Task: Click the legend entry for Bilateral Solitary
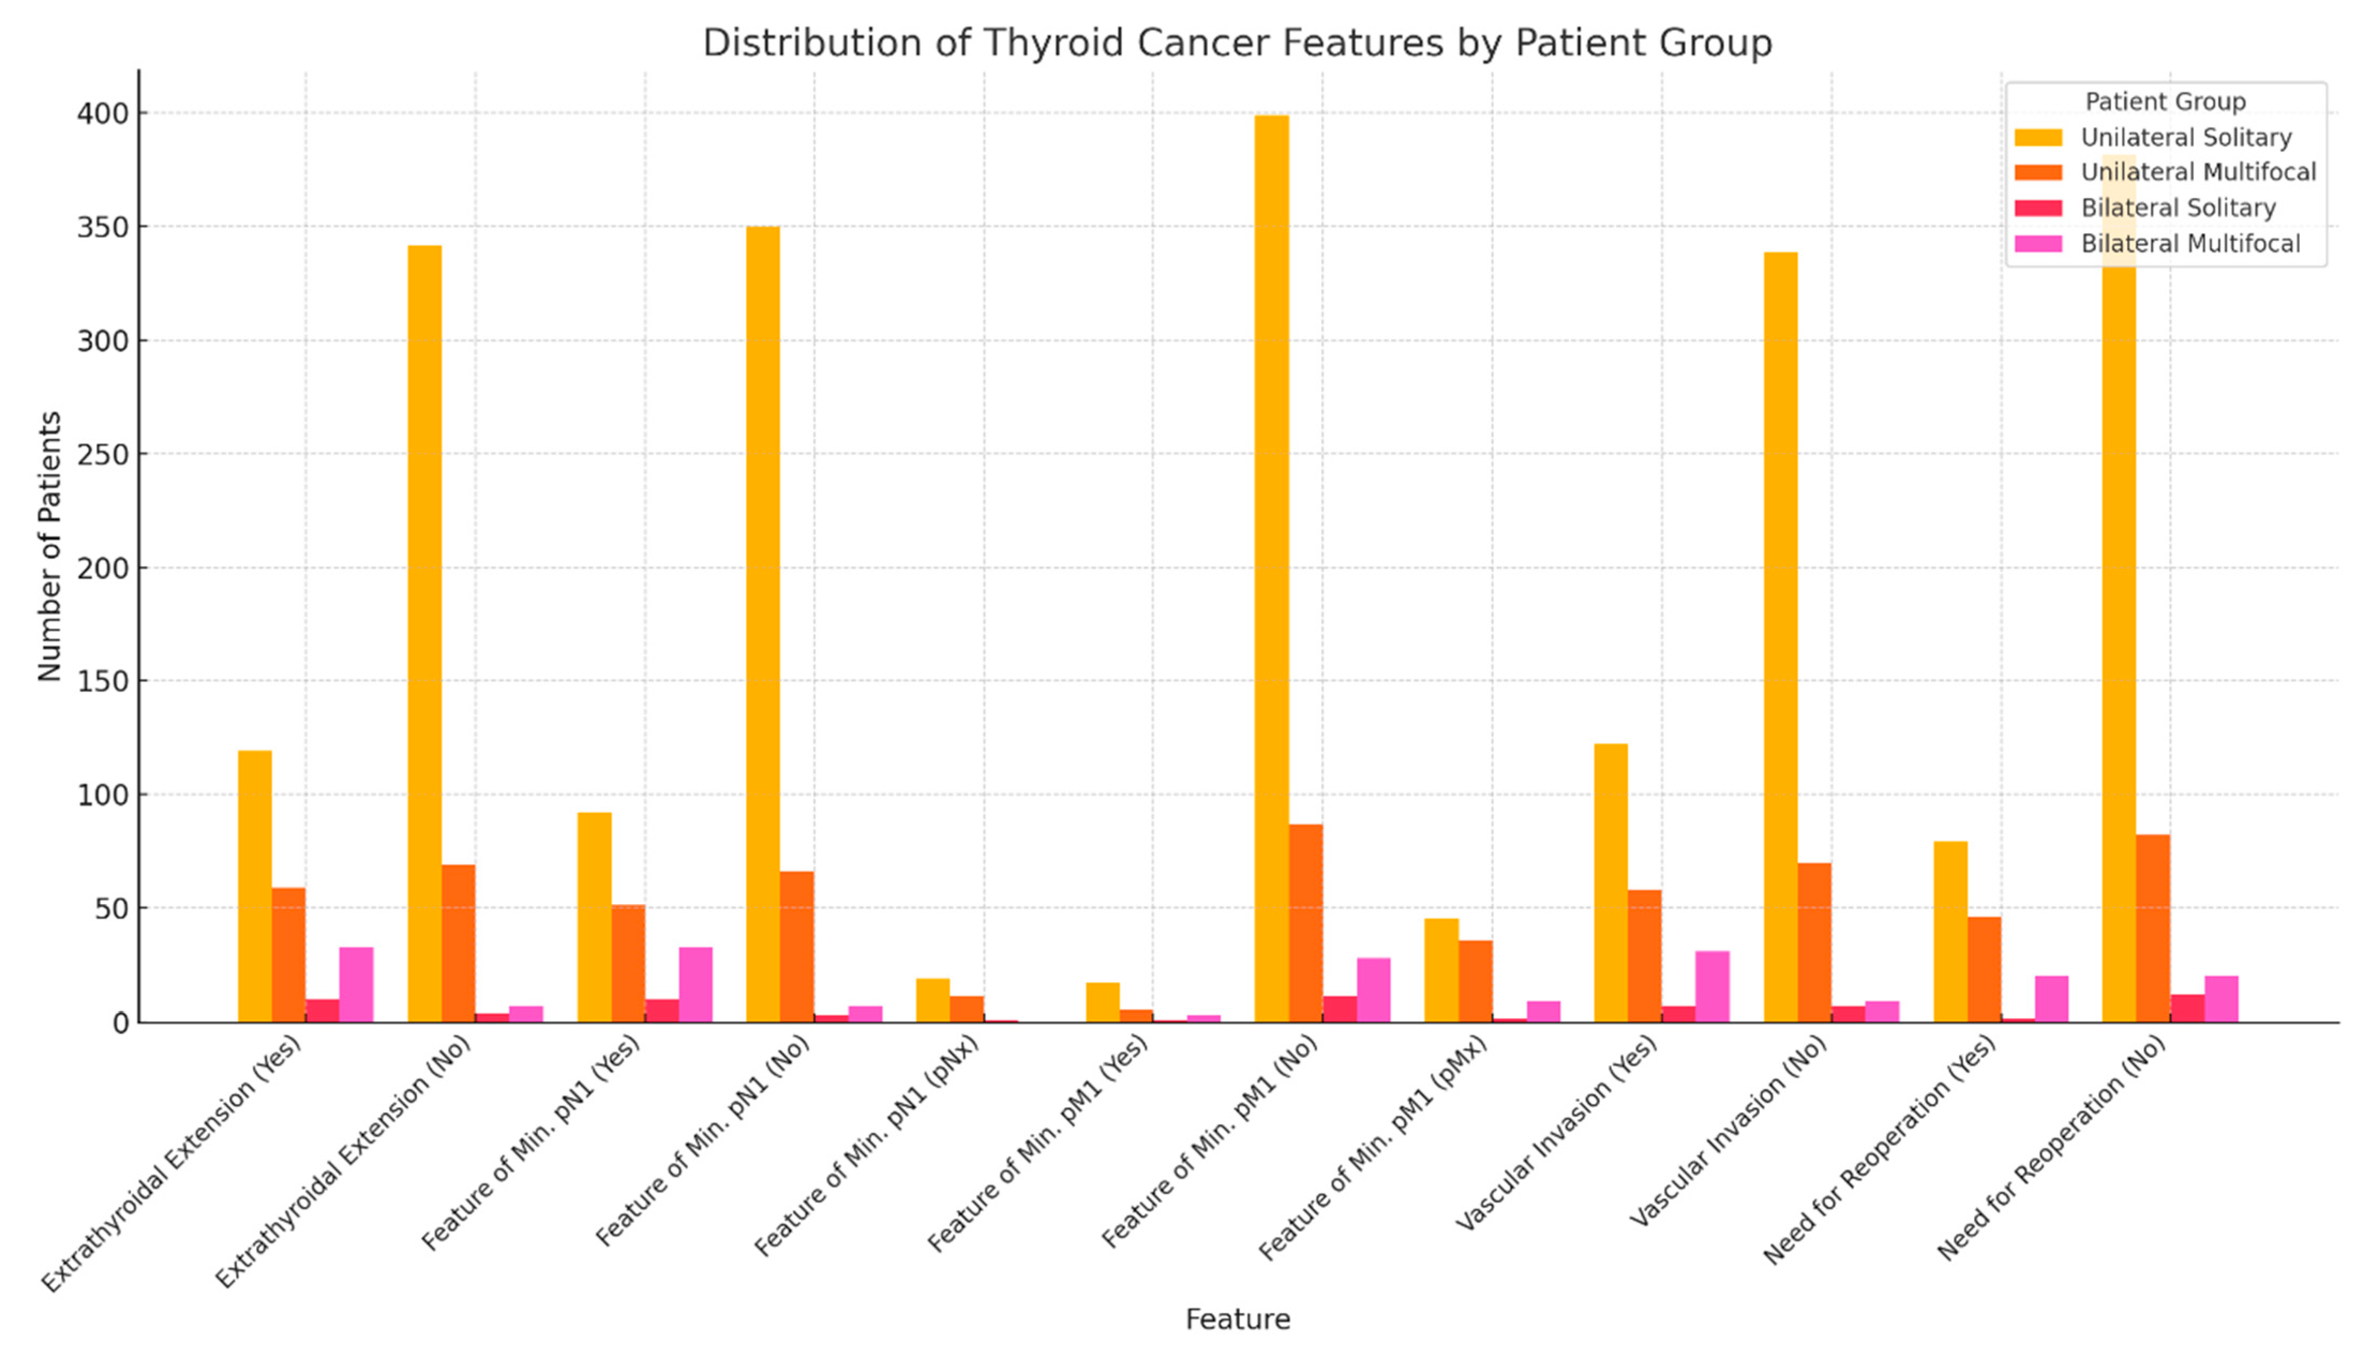coord(2177,207)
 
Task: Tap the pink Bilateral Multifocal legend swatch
coord(2037,243)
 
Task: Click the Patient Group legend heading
coord(2164,101)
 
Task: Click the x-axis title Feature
coord(1237,1319)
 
